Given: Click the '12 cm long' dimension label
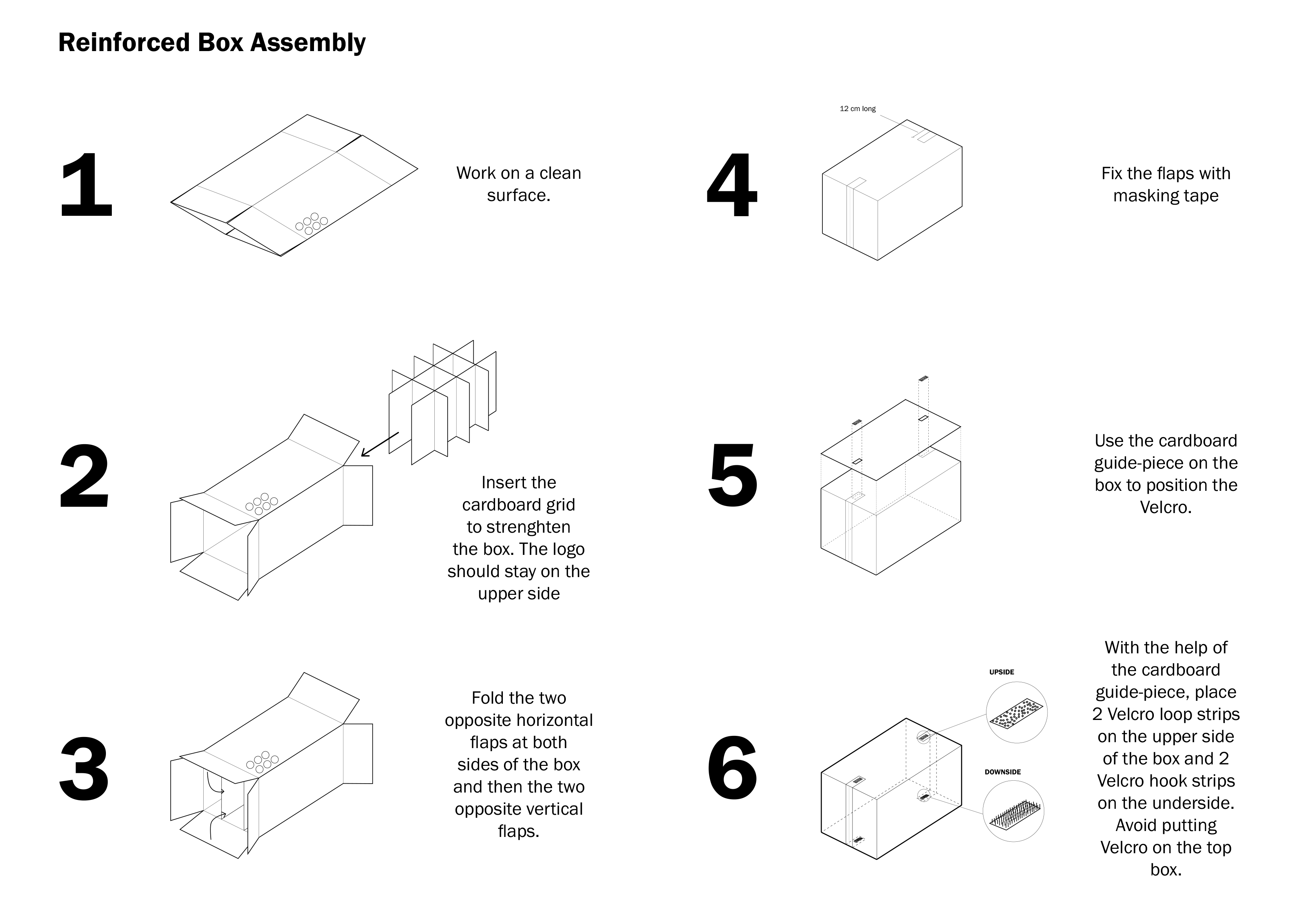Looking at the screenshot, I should tap(857, 108).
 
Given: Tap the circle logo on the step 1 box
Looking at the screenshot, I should tap(311, 224).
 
